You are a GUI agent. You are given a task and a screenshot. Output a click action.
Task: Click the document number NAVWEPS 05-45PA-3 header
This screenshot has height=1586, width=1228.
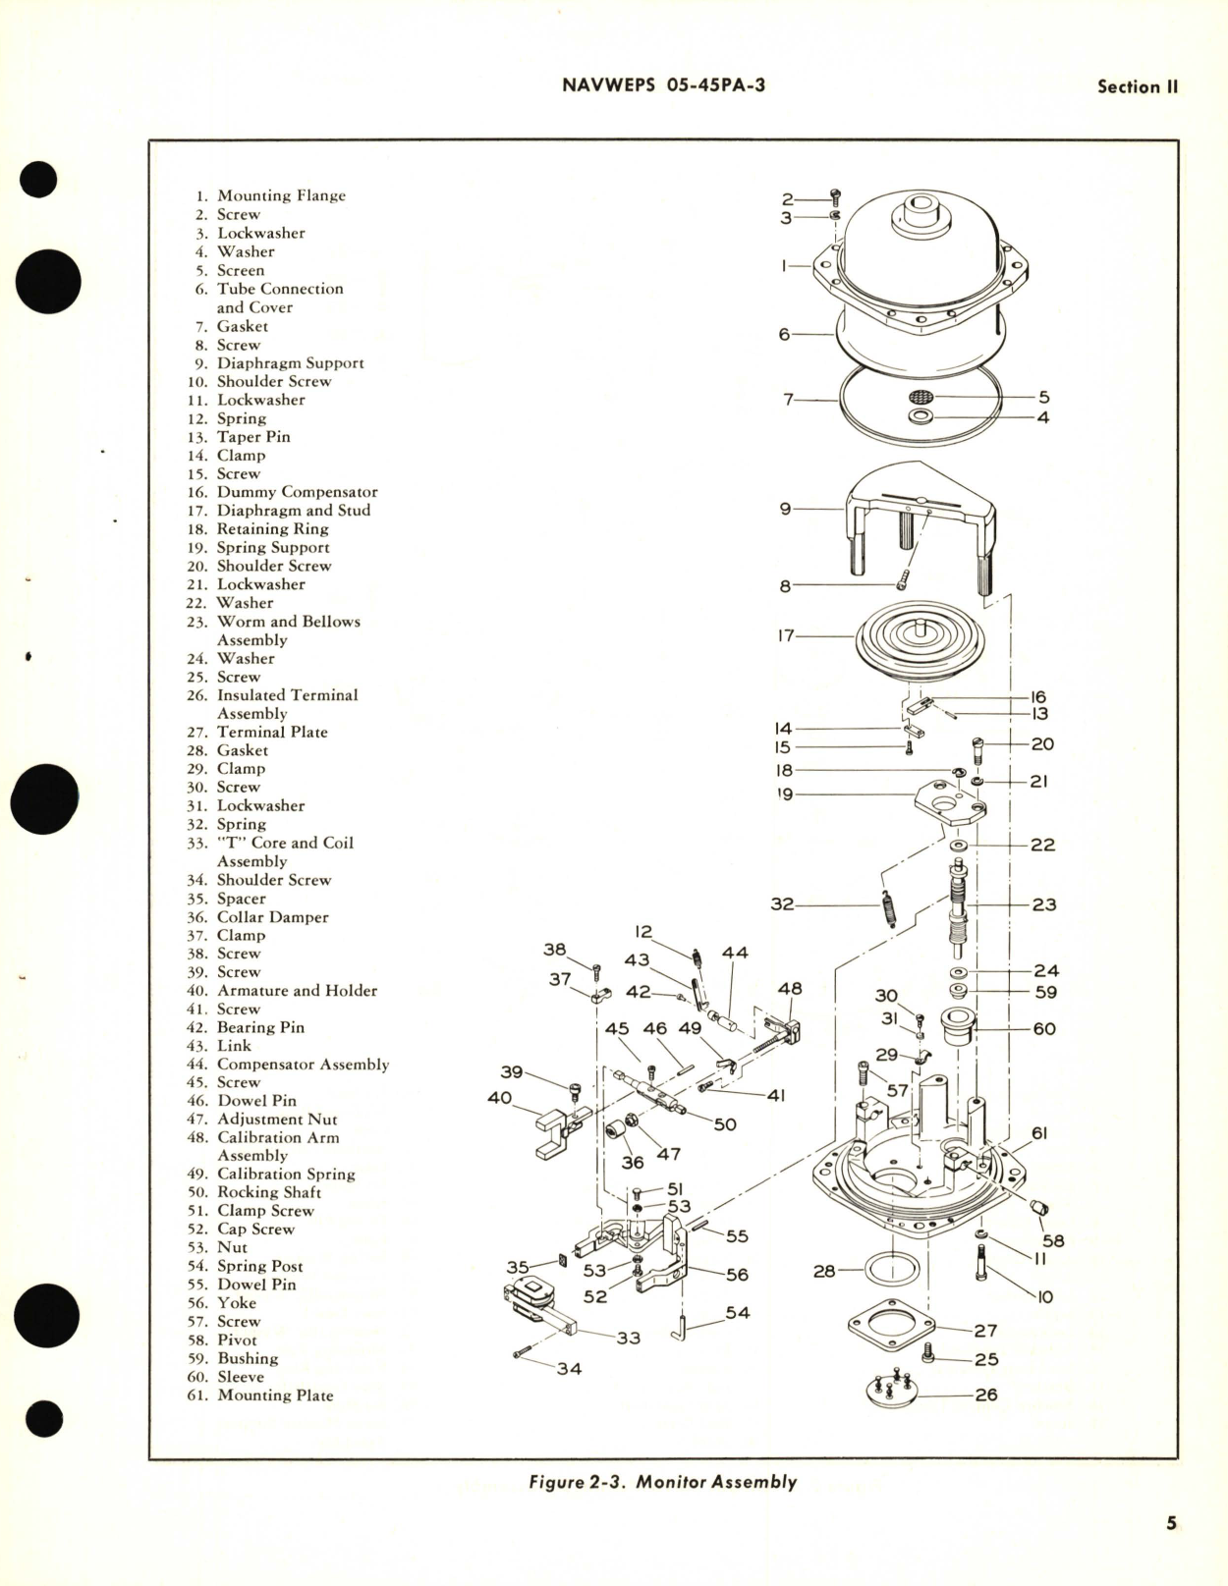(664, 85)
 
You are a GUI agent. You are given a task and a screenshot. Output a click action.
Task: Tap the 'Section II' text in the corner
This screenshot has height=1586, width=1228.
(1137, 86)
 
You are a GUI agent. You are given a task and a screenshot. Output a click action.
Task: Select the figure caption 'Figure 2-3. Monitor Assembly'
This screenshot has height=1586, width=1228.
(662, 1482)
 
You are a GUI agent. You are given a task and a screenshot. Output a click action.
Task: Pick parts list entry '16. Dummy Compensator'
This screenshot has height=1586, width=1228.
(283, 492)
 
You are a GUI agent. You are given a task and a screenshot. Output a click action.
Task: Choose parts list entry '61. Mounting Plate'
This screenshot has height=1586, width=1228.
(260, 1395)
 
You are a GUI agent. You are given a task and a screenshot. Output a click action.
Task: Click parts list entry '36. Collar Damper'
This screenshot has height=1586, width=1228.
(258, 917)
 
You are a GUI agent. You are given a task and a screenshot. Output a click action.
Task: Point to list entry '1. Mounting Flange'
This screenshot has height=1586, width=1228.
(267, 195)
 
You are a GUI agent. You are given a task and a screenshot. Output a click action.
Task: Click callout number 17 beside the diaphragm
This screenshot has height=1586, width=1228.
(786, 635)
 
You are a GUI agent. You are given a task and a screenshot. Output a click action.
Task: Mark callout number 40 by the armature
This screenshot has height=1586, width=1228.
(499, 1097)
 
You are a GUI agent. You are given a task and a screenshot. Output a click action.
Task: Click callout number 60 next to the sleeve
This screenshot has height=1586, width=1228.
(1044, 1028)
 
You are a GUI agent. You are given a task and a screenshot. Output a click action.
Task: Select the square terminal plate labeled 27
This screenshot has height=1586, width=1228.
(891, 1327)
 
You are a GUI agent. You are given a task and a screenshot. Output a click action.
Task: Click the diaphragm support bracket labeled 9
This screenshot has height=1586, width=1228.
(920, 520)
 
